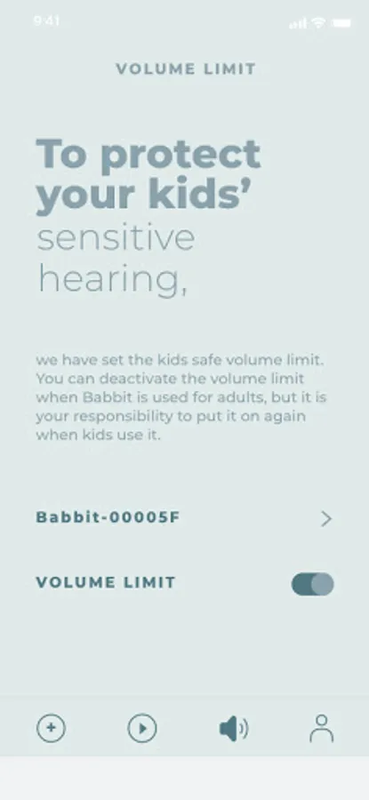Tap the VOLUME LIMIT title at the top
[x=185, y=68]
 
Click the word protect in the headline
[x=180, y=155]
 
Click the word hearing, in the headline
[x=113, y=280]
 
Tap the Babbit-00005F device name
[x=108, y=517]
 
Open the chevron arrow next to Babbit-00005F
[x=326, y=519]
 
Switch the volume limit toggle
[x=312, y=584]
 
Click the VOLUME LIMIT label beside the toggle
[x=106, y=582]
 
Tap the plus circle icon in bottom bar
[x=51, y=728]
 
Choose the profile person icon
[x=322, y=728]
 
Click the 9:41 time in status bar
[x=46, y=21]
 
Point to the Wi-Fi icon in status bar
[x=319, y=22]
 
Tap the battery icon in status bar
[x=341, y=23]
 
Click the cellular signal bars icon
[x=299, y=23]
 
